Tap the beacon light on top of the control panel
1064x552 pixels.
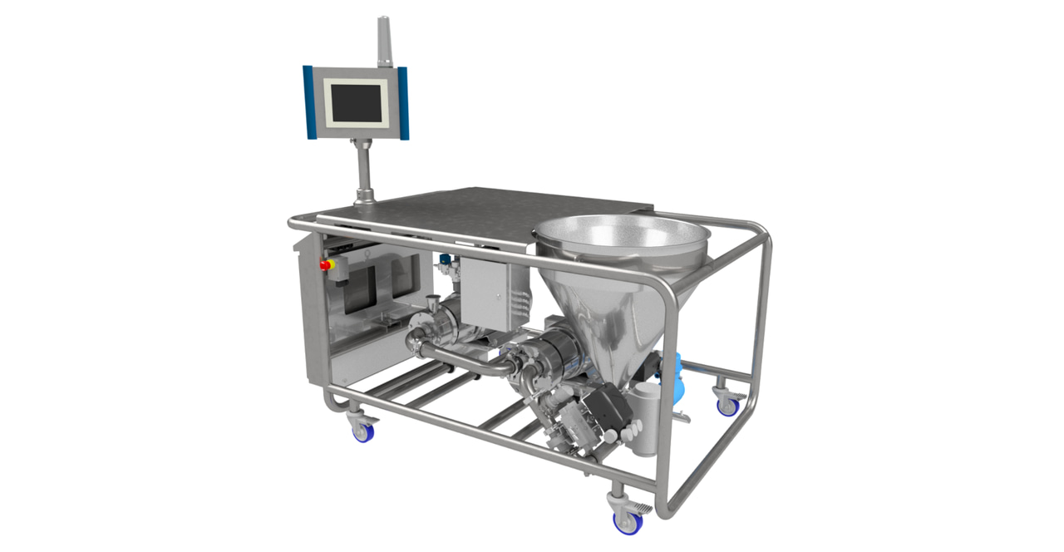pos(383,41)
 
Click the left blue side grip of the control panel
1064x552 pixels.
pos(308,102)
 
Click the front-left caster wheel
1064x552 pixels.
pos(363,431)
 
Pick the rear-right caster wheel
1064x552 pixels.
pos(728,407)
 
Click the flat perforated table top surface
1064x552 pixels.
pos(482,208)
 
